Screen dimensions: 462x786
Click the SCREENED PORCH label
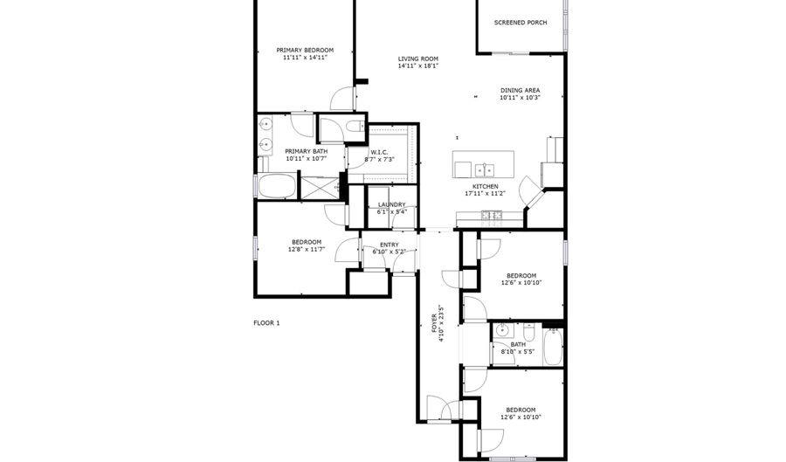(521, 23)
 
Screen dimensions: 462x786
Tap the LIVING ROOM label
(417, 59)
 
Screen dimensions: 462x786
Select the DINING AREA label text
(520, 90)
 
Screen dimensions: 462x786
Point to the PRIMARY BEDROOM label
(304, 50)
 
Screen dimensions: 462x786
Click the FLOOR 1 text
(266, 323)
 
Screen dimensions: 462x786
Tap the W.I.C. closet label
(379, 152)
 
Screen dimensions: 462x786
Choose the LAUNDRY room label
(391, 204)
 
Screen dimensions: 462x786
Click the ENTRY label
(389, 245)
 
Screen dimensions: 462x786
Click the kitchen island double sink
(483, 169)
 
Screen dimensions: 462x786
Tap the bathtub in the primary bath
(276, 186)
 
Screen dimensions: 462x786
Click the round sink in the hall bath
(502, 331)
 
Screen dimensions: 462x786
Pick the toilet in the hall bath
(528, 332)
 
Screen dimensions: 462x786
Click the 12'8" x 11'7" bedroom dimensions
(307, 250)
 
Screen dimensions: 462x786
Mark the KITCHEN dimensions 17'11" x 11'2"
(486, 194)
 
